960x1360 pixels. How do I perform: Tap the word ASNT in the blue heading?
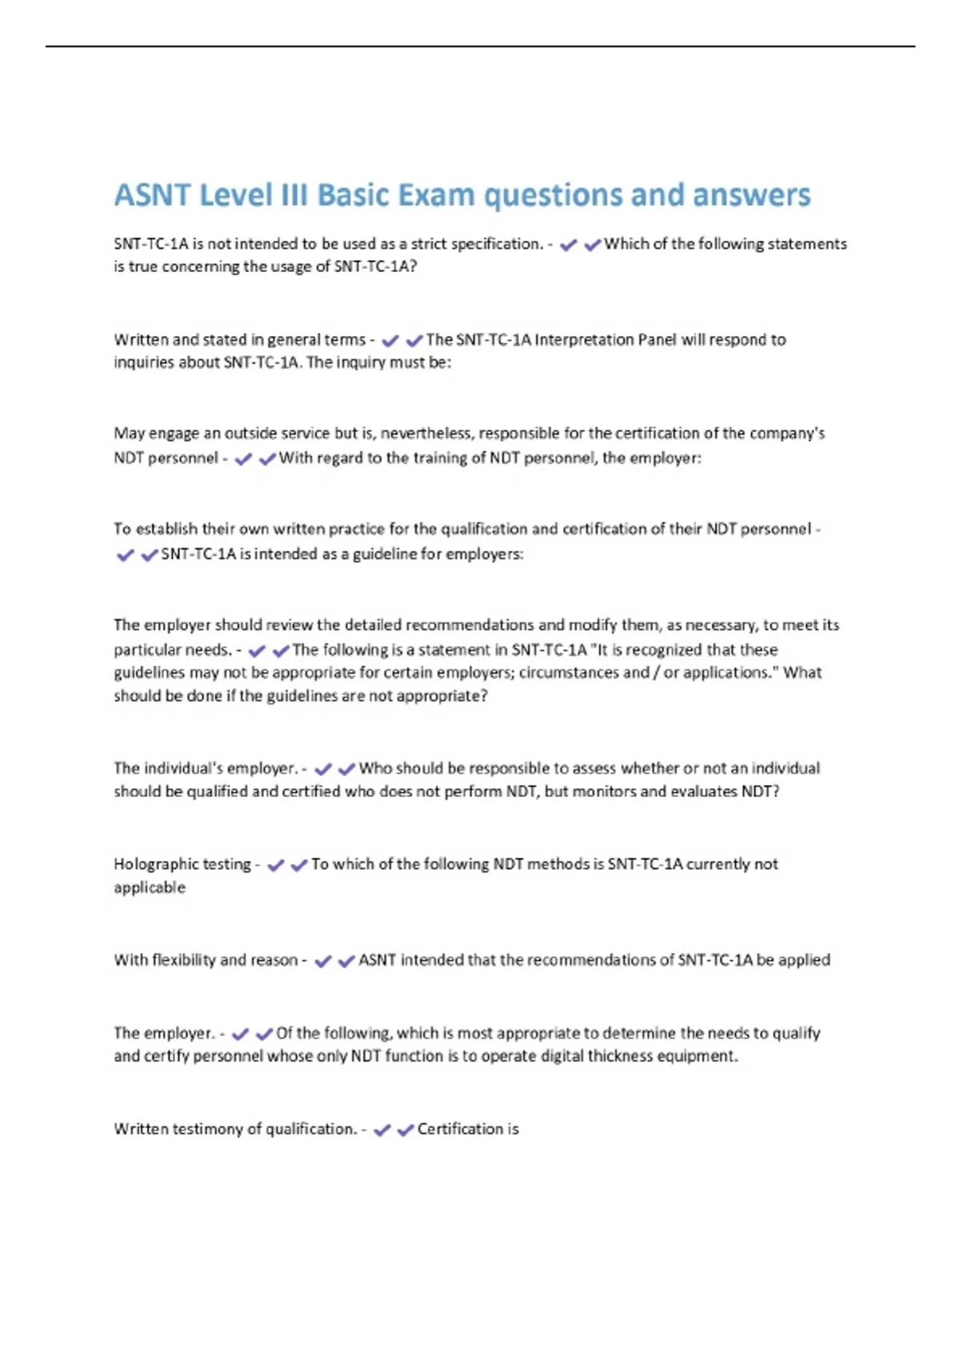click(x=152, y=195)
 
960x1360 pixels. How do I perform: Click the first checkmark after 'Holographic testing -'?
click(x=276, y=865)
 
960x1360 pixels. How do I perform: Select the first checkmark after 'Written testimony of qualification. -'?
click(x=382, y=1130)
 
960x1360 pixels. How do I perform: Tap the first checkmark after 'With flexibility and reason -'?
click(x=323, y=961)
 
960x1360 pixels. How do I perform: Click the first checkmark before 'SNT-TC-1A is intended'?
click(x=126, y=554)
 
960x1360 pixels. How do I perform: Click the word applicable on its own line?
click(x=150, y=887)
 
